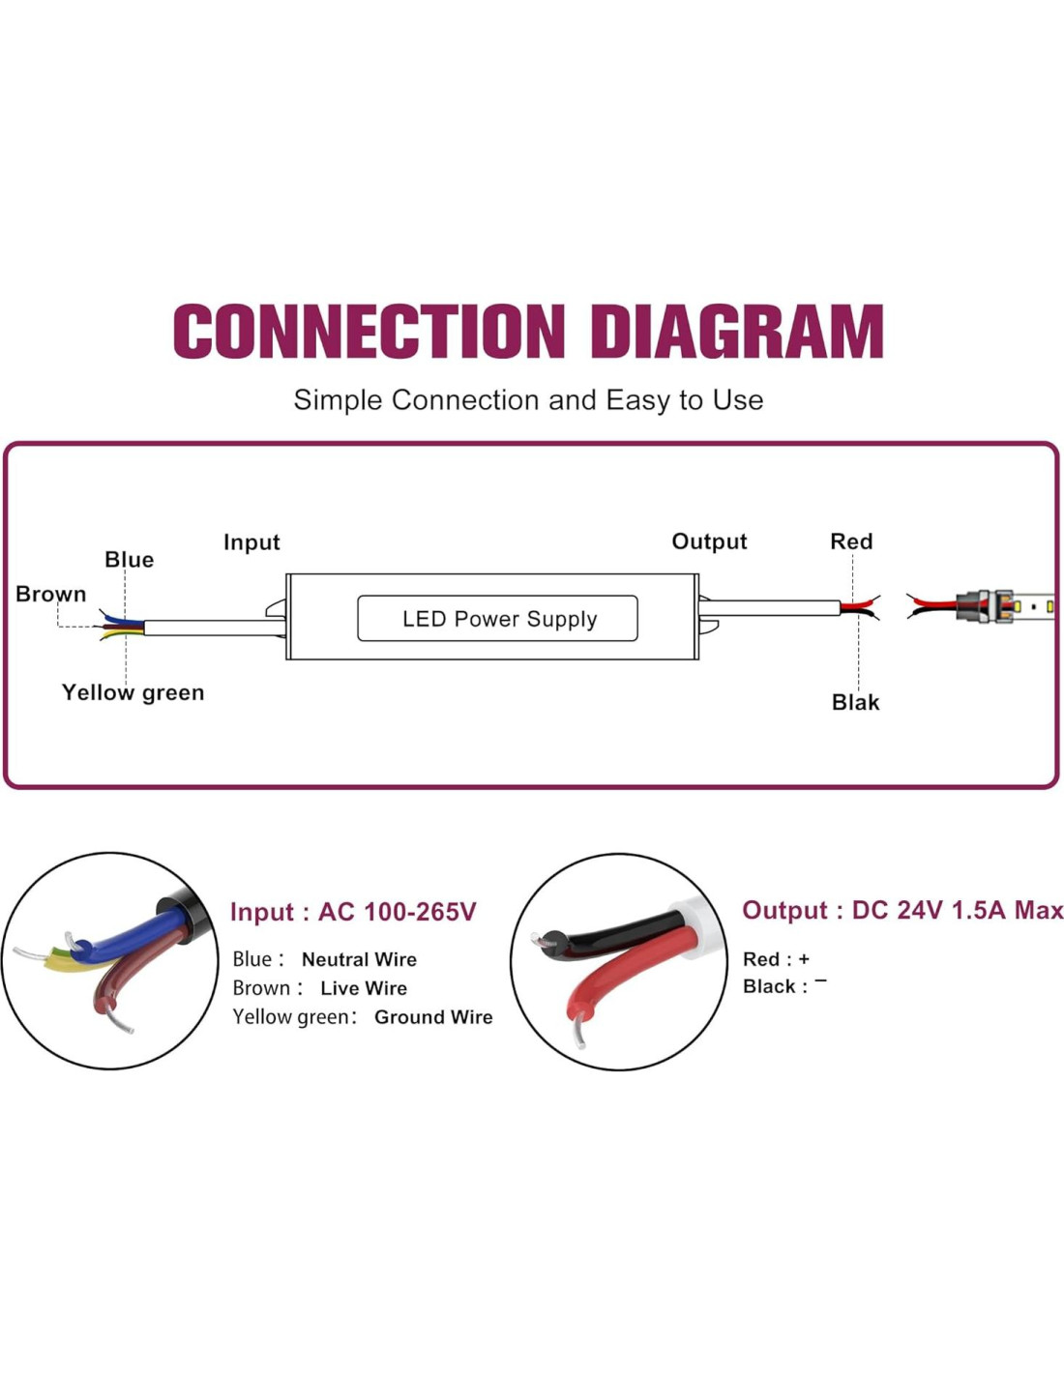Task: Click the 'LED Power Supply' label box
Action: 497,619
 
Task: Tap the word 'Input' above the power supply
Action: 251,542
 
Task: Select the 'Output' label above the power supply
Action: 709,541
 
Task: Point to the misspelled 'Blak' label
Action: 855,703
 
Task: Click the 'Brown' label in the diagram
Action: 50,594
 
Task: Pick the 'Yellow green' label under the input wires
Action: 133,692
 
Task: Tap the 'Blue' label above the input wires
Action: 129,560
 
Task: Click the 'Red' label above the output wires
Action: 851,541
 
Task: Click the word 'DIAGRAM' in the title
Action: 737,332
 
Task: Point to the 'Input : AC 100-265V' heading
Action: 353,912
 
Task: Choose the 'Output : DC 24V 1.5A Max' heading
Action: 901,910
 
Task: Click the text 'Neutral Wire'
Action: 359,959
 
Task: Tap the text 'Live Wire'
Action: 364,988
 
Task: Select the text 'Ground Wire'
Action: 433,1017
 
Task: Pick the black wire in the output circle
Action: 619,931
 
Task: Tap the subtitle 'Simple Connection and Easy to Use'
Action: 528,400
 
